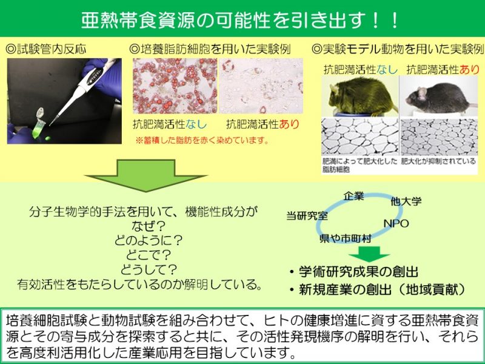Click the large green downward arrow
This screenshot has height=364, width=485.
point(145,175)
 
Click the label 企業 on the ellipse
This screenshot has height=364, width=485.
point(353,196)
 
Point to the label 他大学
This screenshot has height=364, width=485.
point(406,202)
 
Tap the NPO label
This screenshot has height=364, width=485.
point(396,223)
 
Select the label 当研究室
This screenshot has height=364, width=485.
point(307,216)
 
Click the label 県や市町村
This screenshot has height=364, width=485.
point(345,238)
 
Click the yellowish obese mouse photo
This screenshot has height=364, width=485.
point(360,96)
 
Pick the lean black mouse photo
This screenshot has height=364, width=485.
point(439,96)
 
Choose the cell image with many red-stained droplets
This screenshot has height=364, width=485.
point(175,86)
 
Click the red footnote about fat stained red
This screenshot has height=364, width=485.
point(202,141)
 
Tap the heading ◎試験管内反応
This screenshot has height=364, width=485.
point(46,49)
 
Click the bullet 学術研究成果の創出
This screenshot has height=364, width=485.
point(354,272)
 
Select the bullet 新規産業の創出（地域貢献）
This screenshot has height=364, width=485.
point(378,289)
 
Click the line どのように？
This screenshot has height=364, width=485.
point(148,240)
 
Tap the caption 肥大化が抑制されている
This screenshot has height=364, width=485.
point(438,161)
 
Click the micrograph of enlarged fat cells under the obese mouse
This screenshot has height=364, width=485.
point(360,137)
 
